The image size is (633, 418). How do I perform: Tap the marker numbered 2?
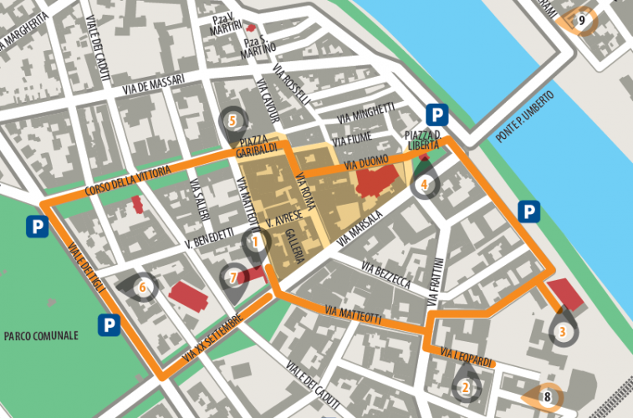tap(465, 386)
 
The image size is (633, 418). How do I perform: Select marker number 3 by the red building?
tap(563, 332)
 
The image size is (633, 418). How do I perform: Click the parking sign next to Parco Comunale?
tap(108, 324)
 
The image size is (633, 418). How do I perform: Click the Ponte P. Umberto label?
tap(523, 113)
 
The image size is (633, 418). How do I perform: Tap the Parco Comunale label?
tap(41, 336)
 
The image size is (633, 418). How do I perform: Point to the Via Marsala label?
tap(361, 228)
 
